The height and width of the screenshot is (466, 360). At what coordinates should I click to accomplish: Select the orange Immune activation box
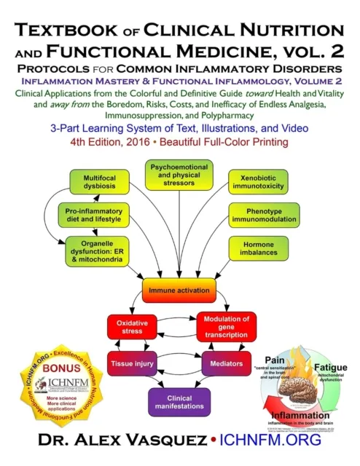(x=179, y=289)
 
